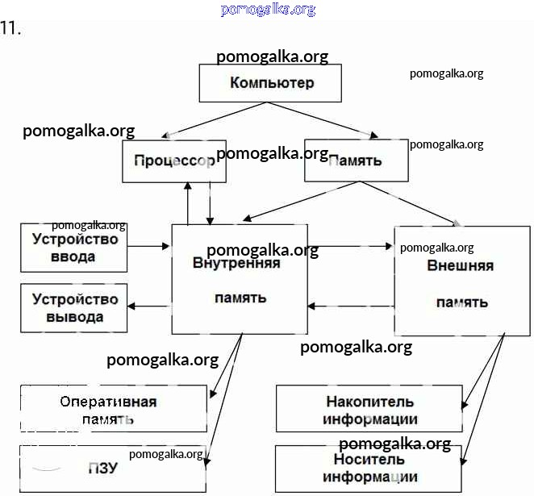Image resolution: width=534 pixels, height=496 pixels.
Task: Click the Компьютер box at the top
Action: tap(271, 83)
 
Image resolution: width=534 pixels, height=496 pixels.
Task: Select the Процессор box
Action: tap(174, 160)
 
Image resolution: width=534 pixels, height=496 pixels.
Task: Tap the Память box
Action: tap(356, 160)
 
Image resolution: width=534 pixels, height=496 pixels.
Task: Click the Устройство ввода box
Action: tap(74, 248)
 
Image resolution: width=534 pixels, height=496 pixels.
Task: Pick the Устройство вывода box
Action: tap(74, 307)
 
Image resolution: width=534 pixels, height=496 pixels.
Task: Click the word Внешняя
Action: tap(461, 265)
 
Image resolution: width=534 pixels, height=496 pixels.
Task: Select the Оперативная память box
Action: tap(114, 410)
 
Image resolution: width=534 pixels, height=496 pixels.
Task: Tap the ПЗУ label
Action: tap(103, 468)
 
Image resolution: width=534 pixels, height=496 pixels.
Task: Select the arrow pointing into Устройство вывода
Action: tap(150, 305)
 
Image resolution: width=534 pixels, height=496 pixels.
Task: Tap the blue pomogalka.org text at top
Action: tap(267, 10)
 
